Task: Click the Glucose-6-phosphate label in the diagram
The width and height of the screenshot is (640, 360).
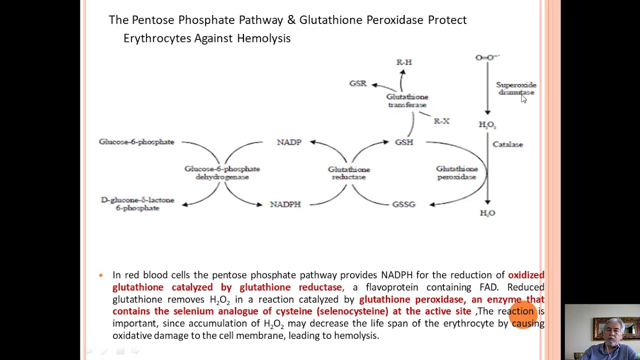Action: [x=136, y=142]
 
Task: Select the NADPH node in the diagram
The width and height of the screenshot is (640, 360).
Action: [x=285, y=204]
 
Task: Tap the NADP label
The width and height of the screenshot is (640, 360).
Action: [x=289, y=142]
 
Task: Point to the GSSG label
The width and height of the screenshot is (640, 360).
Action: [x=403, y=204]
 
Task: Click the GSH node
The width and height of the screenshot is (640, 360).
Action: [x=404, y=142]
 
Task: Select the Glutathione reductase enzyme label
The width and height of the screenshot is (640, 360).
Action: [x=349, y=173]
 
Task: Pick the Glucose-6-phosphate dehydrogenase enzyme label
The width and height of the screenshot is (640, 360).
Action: [x=222, y=173]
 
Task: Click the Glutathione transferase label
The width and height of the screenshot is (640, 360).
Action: [x=407, y=100]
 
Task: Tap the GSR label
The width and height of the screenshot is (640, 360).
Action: [x=357, y=83]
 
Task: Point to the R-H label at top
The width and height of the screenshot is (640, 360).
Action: [x=404, y=62]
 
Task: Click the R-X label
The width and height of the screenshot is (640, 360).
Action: [x=441, y=121]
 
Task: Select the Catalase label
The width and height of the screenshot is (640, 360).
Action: [x=507, y=144]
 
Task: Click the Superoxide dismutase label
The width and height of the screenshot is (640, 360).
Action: [x=515, y=88]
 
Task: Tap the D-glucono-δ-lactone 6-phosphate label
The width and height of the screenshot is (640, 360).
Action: [x=137, y=204]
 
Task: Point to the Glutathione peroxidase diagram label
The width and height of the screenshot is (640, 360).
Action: [x=456, y=173]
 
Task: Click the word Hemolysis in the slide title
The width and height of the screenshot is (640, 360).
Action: [x=263, y=38]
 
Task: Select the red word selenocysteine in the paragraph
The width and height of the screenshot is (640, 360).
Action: [x=352, y=311]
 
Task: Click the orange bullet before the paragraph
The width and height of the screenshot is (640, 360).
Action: [x=101, y=275]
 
